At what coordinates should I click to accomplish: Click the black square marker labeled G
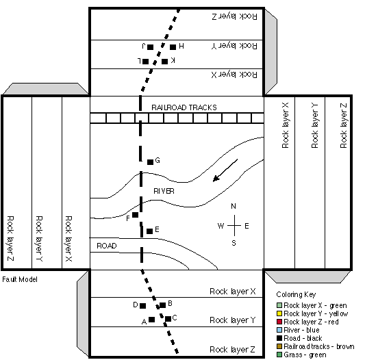tap(151, 162)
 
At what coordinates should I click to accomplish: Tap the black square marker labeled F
tap(135, 215)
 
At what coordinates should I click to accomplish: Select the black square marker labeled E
tap(150, 231)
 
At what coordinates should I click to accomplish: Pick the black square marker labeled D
tap(143, 306)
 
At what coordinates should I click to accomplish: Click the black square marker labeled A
tap(152, 320)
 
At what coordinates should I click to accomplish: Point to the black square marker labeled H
tap(173, 47)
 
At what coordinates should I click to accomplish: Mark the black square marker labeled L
tap(145, 62)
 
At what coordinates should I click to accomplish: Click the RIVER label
tap(164, 191)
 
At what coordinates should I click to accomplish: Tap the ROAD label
tap(107, 246)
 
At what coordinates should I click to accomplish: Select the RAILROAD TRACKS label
tap(184, 107)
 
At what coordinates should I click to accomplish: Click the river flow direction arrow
tap(225, 170)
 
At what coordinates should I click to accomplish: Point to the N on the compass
tap(234, 206)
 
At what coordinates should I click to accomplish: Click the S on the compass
tap(234, 243)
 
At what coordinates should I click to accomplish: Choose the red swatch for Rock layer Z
tap(279, 322)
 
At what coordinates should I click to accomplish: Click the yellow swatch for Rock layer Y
tap(279, 313)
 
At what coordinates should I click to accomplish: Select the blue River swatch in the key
tap(279, 330)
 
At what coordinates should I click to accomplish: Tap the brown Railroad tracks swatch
tap(279, 346)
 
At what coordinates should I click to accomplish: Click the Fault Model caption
tap(20, 279)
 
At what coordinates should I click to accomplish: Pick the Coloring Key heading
tap(296, 294)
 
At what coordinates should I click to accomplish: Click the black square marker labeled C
tap(168, 318)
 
